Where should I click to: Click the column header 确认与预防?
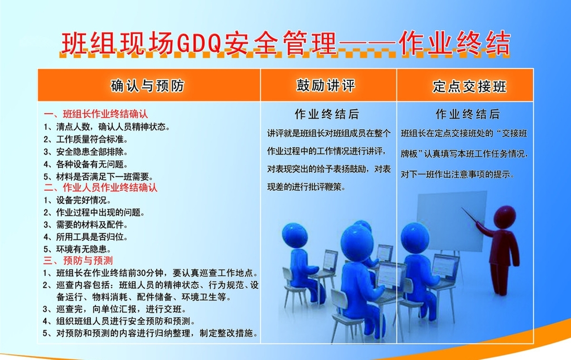pyautogui.click(x=148, y=86)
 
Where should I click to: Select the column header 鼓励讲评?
pyautogui.click(x=326, y=85)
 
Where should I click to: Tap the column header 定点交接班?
pyautogui.click(x=469, y=87)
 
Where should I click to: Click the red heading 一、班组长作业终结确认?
pyautogui.click(x=96, y=114)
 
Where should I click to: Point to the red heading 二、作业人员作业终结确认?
pyautogui.click(x=100, y=187)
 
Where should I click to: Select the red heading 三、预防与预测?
pyautogui.click(x=78, y=261)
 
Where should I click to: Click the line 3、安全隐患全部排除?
pyautogui.click(x=85, y=152)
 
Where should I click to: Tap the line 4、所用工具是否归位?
pyautogui.click(x=85, y=237)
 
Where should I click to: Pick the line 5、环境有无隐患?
pyautogui.click(x=77, y=249)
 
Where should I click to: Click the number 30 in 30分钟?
pyautogui.click(x=141, y=273)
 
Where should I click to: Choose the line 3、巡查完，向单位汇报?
pyautogui.click(x=114, y=309)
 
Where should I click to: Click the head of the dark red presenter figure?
pyautogui.click(x=504, y=217)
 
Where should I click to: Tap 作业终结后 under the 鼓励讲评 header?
pyautogui.click(x=327, y=114)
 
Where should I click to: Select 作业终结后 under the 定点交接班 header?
pyautogui.click(x=468, y=114)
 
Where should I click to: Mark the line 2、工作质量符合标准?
pyautogui.click(x=86, y=139)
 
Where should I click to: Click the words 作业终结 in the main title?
pyautogui.click(x=455, y=43)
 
